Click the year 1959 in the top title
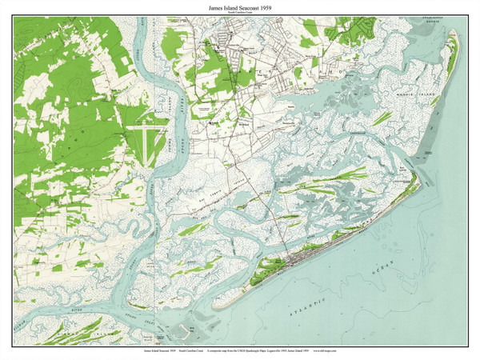click(x=277, y=6)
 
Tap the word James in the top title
click(x=210, y=6)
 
